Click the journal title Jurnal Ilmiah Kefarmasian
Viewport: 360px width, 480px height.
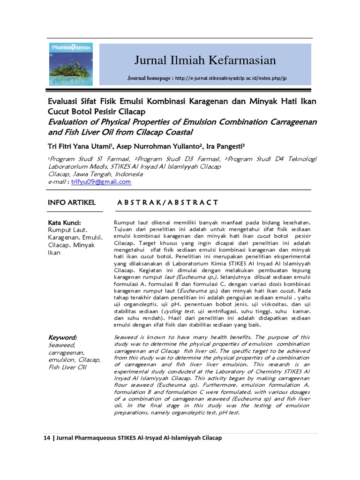tap(205, 60)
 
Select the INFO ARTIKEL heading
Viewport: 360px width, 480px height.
tap(72, 202)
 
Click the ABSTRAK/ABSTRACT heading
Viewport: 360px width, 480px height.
tap(166, 202)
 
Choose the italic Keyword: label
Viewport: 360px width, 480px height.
tap(63, 337)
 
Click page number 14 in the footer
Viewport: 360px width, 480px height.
tap(46, 438)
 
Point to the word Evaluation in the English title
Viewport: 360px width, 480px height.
tap(70, 122)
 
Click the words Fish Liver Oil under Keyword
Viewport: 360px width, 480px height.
tap(67, 367)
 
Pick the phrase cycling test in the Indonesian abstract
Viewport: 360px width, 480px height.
tap(176, 311)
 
